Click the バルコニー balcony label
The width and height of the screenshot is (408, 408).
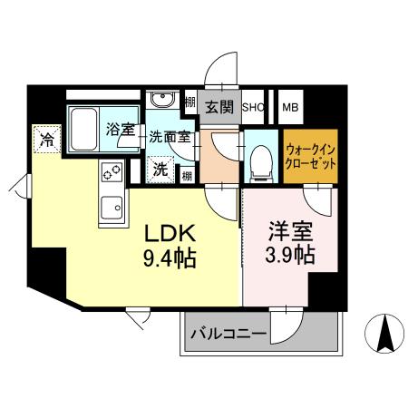pyautogui.click(x=228, y=334)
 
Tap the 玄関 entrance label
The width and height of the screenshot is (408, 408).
pyautogui.click(x=219, y=107)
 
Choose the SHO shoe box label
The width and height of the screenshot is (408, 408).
pyautogui.click(x=252, y=107)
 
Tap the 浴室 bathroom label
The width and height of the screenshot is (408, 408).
pyautogui.click(x=120, y=131)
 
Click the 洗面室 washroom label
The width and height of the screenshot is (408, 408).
pyautogui.click(x=168, y=139)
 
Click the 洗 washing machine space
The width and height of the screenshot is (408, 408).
pyautogui.click(x=160, y=169)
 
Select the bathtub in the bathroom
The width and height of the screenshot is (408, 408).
pyautogui.click(x=86, y=127)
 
